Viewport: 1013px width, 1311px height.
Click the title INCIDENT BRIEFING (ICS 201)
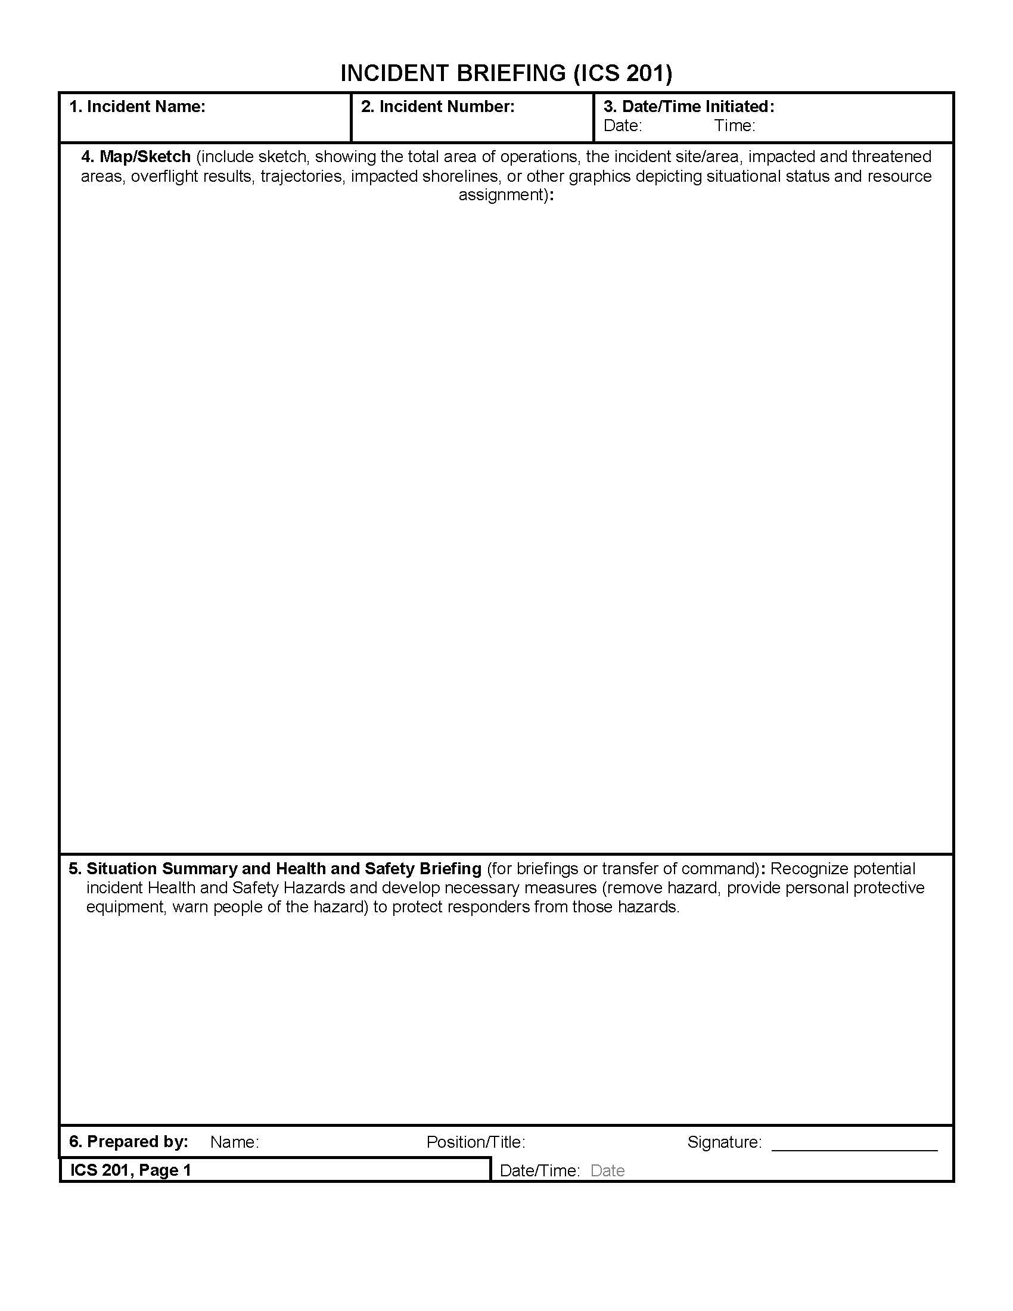point(506,73)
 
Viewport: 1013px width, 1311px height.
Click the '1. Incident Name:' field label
point(138,107)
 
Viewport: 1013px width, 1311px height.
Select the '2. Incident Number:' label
point(437,107)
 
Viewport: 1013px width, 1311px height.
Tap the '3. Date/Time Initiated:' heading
point(689,107)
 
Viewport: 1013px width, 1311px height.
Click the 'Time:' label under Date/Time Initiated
point(734,126)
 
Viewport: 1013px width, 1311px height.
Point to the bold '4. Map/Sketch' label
point(136,157)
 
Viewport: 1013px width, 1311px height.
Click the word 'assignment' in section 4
point(502,195)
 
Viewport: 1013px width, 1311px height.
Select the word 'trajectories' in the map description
point(303,176)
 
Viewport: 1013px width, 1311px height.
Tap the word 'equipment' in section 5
point(125,906)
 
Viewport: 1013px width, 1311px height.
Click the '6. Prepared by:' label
point(129,1141)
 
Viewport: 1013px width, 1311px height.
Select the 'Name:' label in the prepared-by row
point(235,1142)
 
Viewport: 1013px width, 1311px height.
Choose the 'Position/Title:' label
point(476,1142)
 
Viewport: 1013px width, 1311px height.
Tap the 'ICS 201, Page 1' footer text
point(131,1170)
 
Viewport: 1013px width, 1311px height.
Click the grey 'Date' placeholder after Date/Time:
point(607,1170)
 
